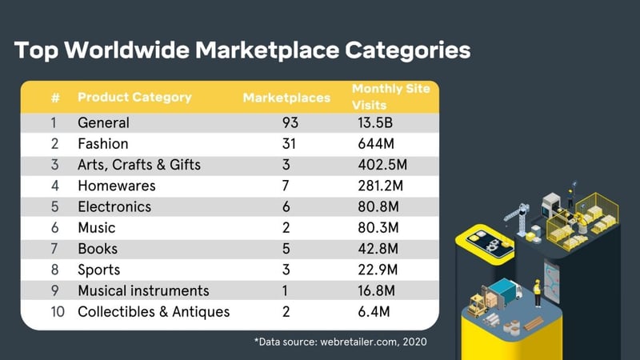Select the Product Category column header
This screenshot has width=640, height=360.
[x=134, y=98]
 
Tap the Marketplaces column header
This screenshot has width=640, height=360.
[x=286, y=98]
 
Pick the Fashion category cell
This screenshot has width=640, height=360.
[x=103, y=145]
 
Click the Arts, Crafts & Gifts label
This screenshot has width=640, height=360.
[x=139, y=166]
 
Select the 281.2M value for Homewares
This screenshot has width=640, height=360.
[x=380, y=186]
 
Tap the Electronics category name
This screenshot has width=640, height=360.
[x=114, y=207]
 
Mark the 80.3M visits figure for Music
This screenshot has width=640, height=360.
[x=378, y=228]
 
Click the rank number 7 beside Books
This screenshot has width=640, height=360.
[x=55, y=249]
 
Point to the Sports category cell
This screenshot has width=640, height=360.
[x=98, y=270]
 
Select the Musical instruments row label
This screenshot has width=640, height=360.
[x=143, y=290]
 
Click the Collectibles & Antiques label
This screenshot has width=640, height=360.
[x=154, y=311]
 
